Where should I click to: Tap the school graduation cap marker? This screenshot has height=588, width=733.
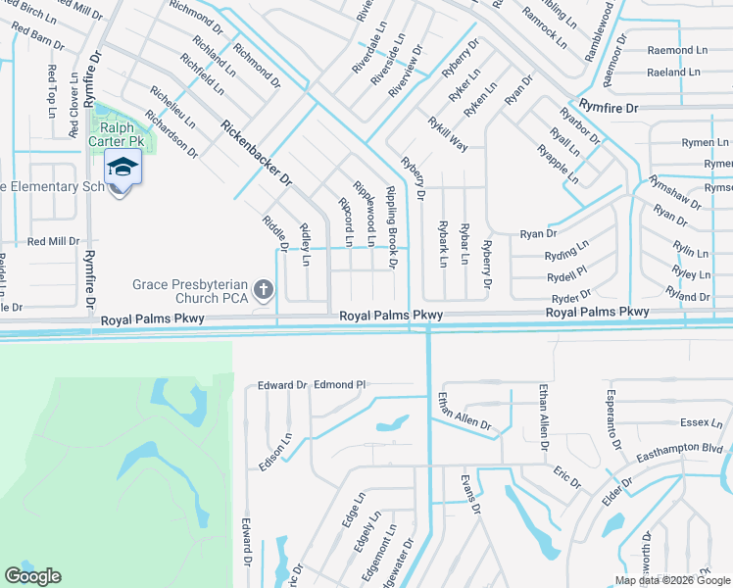click(x=122, y=168)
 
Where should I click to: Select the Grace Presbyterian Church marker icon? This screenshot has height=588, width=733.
click(x=262, y=289)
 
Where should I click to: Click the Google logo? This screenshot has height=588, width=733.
click(x=32, y=576)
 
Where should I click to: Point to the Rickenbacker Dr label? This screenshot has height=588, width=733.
click(x=256, y=154)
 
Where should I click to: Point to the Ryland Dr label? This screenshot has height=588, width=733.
click(x=687, y=295)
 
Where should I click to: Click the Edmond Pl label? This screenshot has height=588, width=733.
click(x=339, y=385)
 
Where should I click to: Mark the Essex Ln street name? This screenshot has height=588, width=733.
click(x=701, y=423)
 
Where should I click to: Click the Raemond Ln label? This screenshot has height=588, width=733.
click(x=677, y=49)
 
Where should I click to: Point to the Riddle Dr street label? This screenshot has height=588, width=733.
click(x=273, y=232)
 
